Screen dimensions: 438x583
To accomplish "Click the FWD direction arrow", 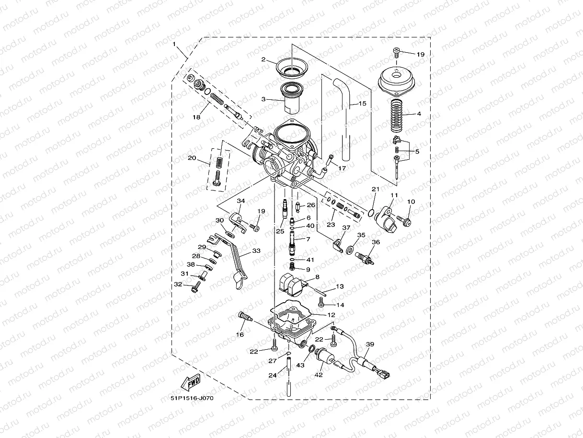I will (190, 383).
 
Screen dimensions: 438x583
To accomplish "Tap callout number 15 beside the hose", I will (362, 103).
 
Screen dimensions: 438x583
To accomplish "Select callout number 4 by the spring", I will (419, 114).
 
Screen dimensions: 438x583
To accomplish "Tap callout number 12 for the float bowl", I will (331, 315).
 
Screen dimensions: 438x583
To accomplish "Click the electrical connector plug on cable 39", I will (384, 373).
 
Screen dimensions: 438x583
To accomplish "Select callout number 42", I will (319, 375).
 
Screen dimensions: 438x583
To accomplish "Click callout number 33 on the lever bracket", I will (256, 250).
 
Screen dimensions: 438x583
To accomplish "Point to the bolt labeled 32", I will (195, 289).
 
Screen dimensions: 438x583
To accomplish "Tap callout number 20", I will (192, 158).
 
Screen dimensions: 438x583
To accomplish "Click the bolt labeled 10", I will (405, 221).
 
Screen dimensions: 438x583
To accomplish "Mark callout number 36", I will (376, 242).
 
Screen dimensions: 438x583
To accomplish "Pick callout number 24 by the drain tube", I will (272, 375).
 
